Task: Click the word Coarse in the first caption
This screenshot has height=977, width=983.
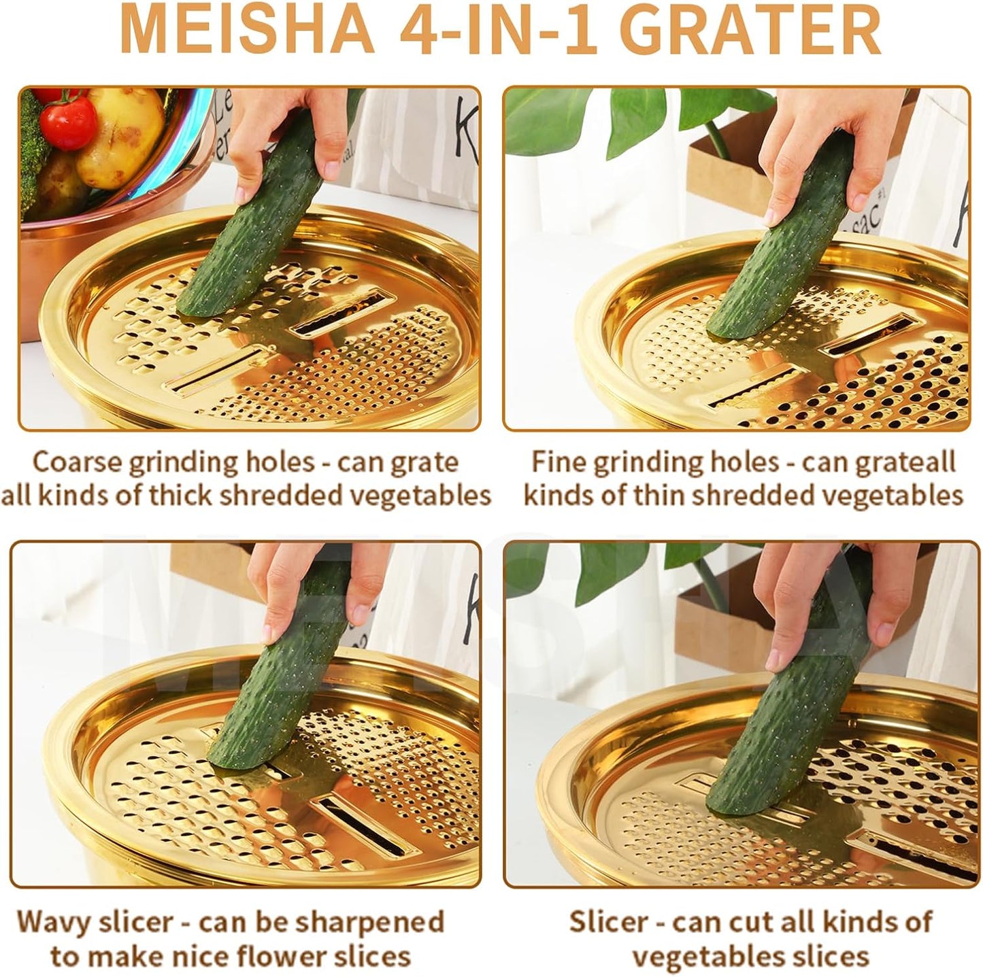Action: [76, 462]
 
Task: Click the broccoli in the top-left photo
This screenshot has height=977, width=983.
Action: [31, 150]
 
